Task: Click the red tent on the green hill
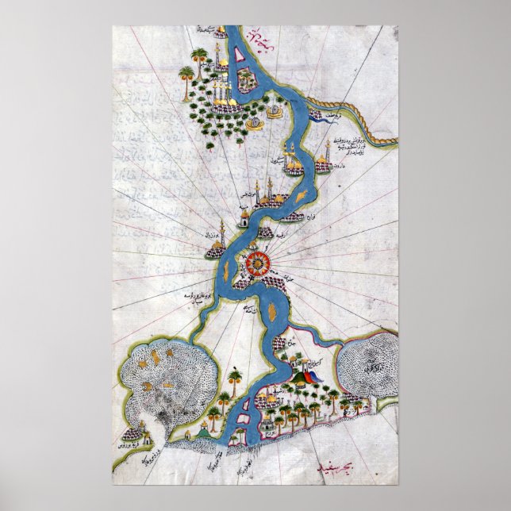click(x=306, y=376)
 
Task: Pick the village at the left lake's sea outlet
click(x=136, y=432)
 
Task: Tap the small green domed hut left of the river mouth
click(x=205, y=429)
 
